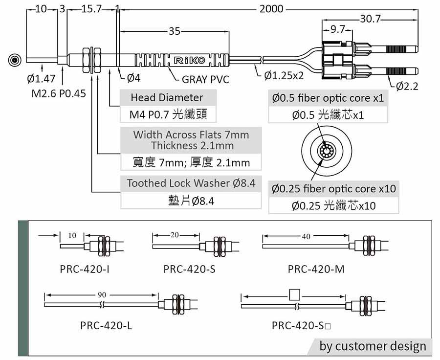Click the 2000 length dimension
(x=272, y=9)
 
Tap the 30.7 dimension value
(x=370, y=19)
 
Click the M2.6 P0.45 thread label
(x=58, y=93)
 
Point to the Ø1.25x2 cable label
(x=284, y=76)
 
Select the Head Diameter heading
(x=167, y=97)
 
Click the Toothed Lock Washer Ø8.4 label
(x=191, y=183)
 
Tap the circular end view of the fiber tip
(x=16, y=61)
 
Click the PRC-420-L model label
(x=106, y=325)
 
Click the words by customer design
(x=373, y=346)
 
